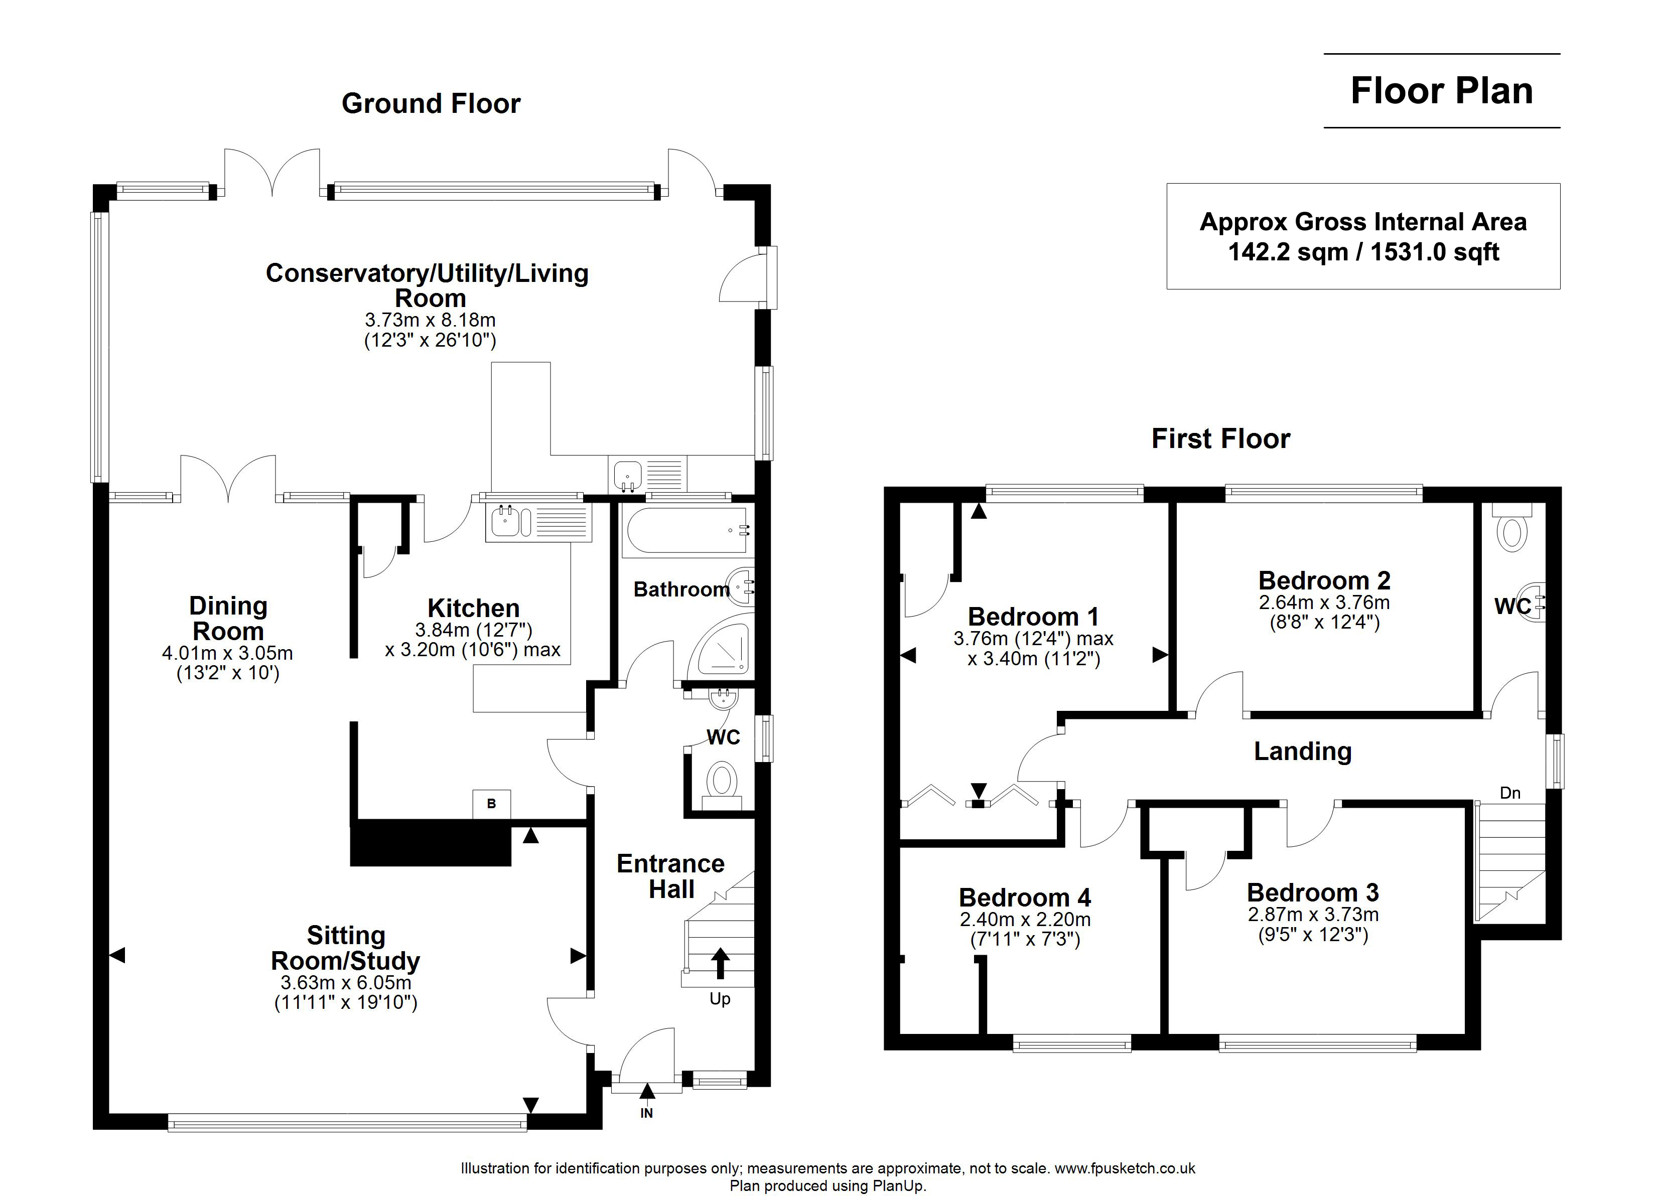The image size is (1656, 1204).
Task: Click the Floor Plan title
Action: click(1441, 91)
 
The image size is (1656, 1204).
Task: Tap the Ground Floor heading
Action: click(431, 104)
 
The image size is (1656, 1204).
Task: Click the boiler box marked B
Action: click(491, 804)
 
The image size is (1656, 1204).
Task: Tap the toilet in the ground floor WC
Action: click(722, 783)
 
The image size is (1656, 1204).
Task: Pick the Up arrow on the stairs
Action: click(720, 962)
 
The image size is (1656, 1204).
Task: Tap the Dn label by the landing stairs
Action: click(1510, 793)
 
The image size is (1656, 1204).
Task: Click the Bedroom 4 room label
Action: click(1024, 897)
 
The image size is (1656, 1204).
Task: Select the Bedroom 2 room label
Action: click(1324, 580)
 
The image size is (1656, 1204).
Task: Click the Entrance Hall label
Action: click(670, 876)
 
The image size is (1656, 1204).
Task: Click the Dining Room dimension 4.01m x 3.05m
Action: click(227, 653)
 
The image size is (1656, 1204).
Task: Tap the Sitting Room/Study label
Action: click(345, 948)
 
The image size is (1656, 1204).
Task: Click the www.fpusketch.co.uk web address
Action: click(1125, 1168)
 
